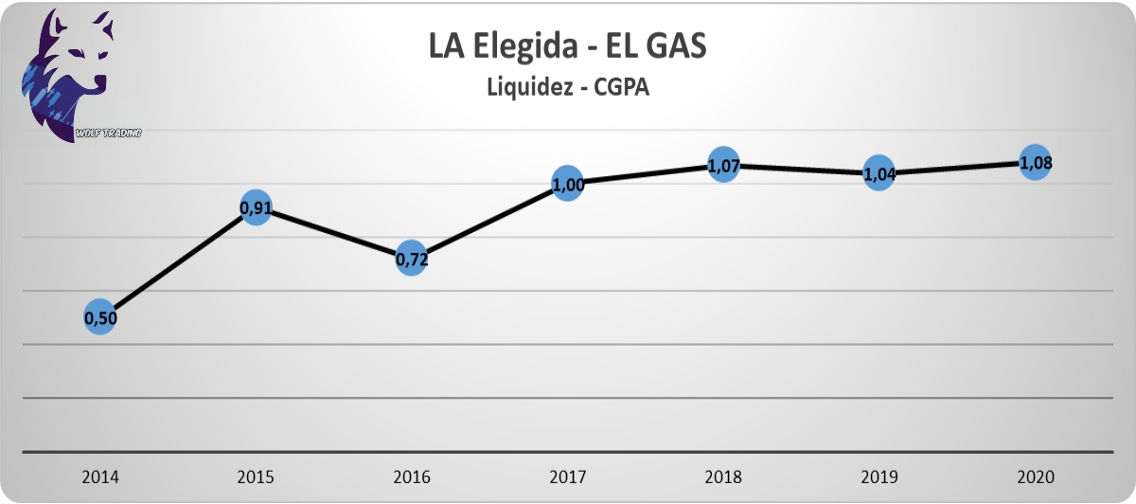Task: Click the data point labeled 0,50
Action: click(x=101, y=318)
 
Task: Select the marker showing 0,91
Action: click(x=257, y=207)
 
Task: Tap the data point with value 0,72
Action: click(x=412, y=259)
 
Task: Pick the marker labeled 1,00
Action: click(x=568, y=185)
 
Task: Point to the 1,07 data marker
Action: click(x=723, y=165)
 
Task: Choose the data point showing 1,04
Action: click(x=879, y=173)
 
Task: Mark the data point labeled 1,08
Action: click(x=1035, y=163)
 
